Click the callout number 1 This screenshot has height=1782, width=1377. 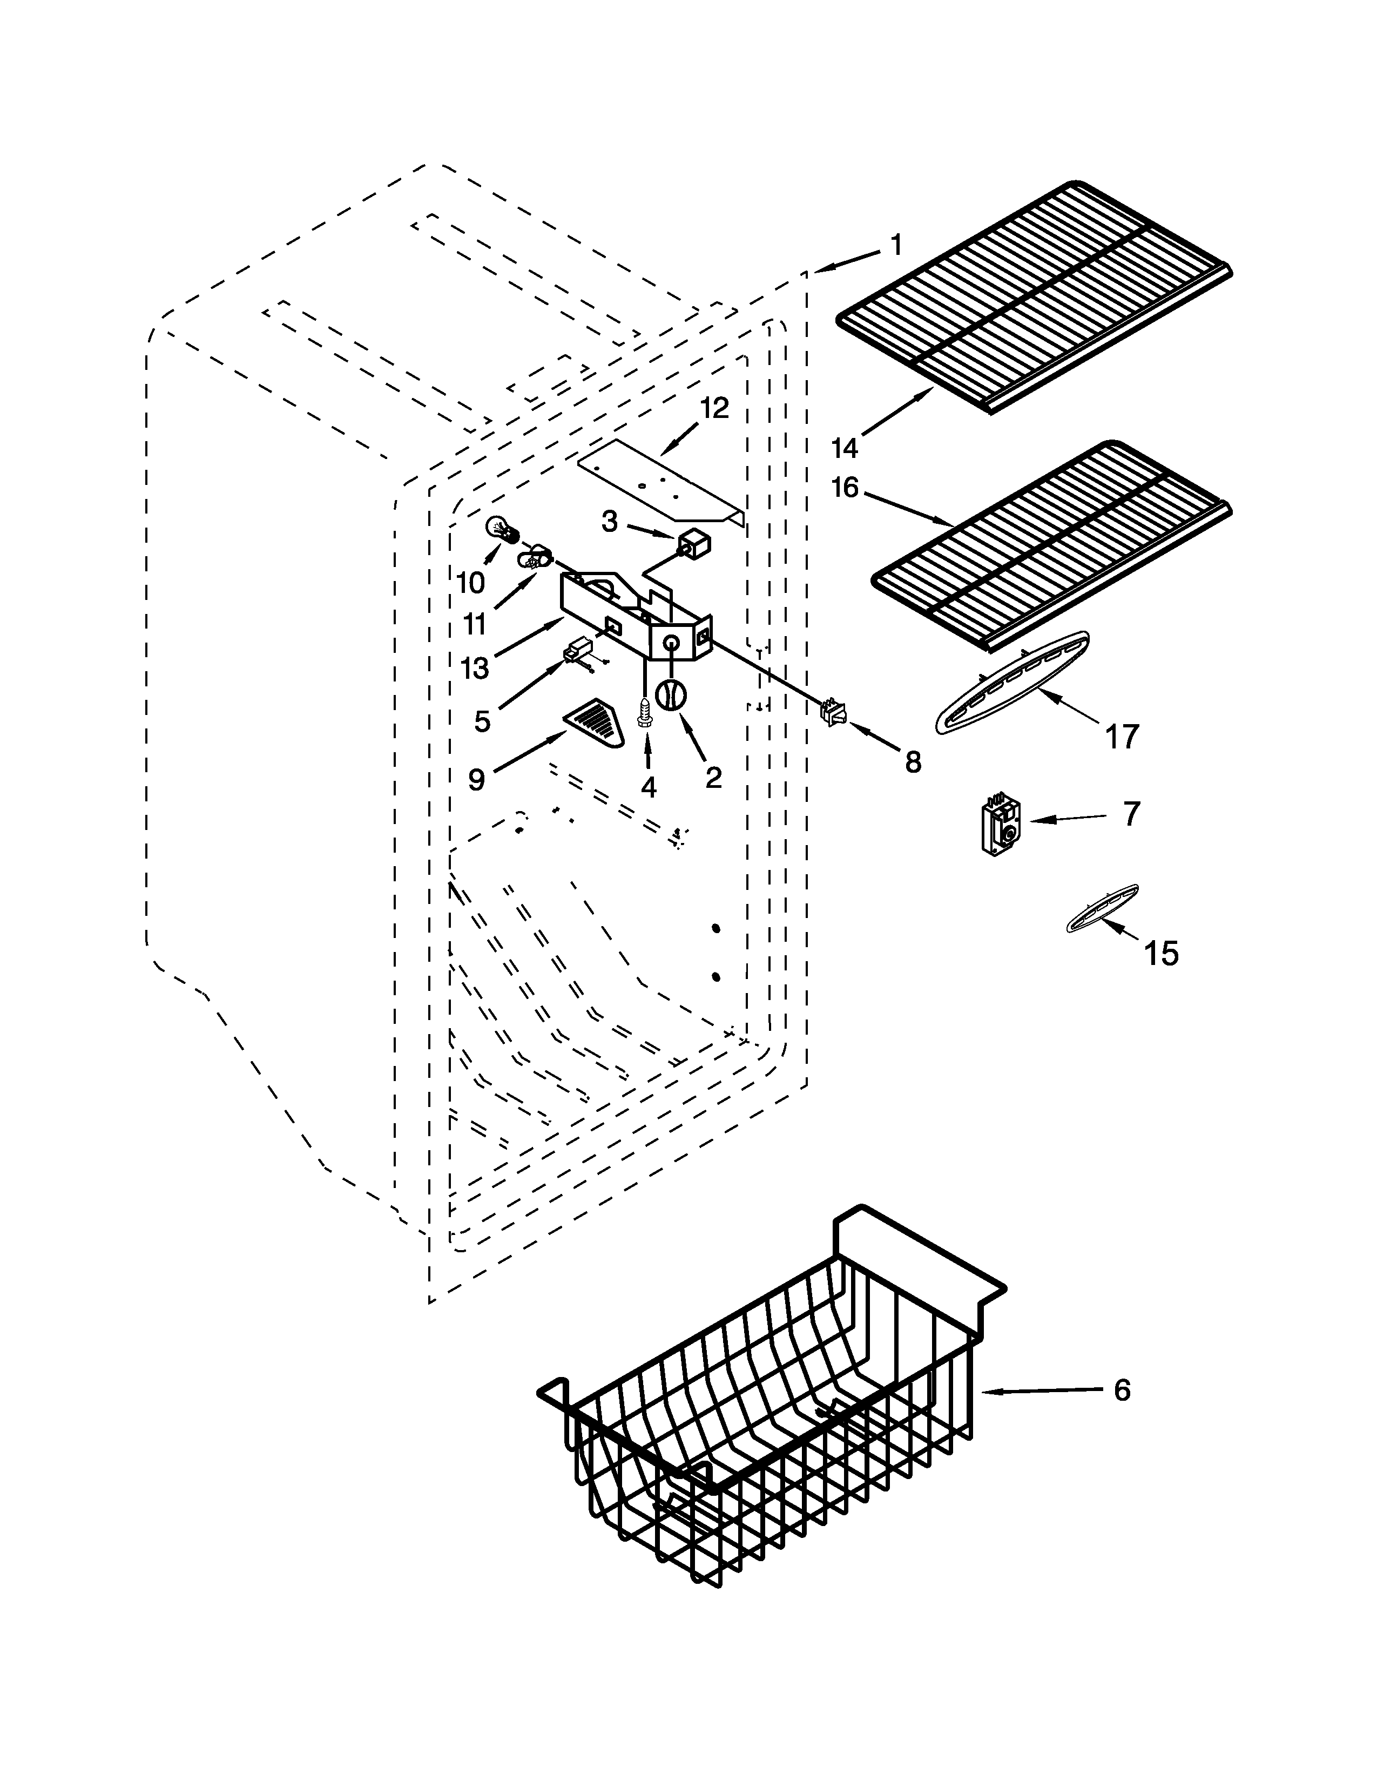coord(896,244)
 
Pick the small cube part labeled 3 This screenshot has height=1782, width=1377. coord(693,544)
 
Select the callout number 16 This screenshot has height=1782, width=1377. coord(845,488)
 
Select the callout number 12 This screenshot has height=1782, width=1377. coord(714,408)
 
